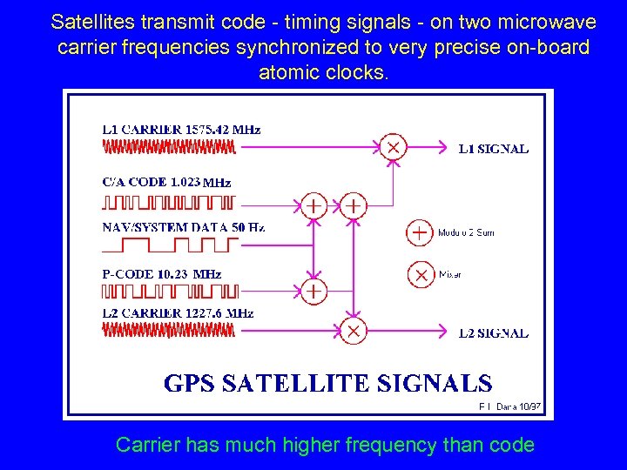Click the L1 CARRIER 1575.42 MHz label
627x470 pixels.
tap(181, 130)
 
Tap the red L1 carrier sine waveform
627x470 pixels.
tap(169, 148)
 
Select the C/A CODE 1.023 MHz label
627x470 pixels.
tap(166, 183)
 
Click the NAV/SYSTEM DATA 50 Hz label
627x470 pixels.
tap(183, 227)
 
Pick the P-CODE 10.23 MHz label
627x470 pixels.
tap(162, 273)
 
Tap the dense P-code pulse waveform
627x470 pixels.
tap(171, 292)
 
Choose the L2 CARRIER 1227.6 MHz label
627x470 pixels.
tap(178, 312)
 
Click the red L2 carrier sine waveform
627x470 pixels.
tap(169, 330)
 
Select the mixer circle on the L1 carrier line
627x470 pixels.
tap(394, 148)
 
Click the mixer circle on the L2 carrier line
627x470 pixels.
tap(353, 331)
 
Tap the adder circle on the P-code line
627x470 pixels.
tap(313, 290)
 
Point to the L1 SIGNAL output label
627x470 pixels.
tap(493, 149)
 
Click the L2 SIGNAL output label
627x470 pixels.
tap(493, 332)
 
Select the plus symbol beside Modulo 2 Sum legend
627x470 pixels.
tap(420, 232)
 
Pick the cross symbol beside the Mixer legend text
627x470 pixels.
tap(421, 274)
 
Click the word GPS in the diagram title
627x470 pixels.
tap(193, 384)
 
